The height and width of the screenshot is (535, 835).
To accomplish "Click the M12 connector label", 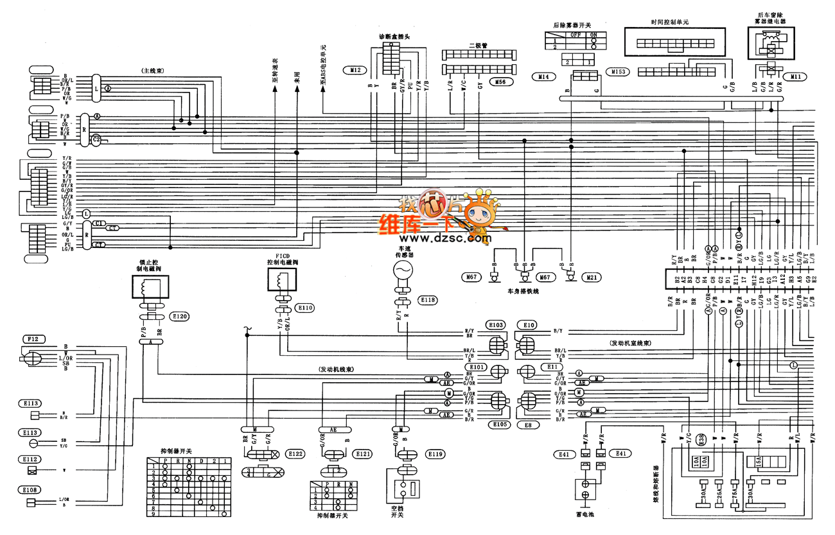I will [x=356, y=69].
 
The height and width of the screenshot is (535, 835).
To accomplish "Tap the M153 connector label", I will [x=619, y=71].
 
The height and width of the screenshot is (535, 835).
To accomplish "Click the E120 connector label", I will [x=180, y=317].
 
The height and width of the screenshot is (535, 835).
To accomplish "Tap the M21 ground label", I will [x=590, y=277].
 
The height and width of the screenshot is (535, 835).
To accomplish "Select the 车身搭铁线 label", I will [x=523, y=291].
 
